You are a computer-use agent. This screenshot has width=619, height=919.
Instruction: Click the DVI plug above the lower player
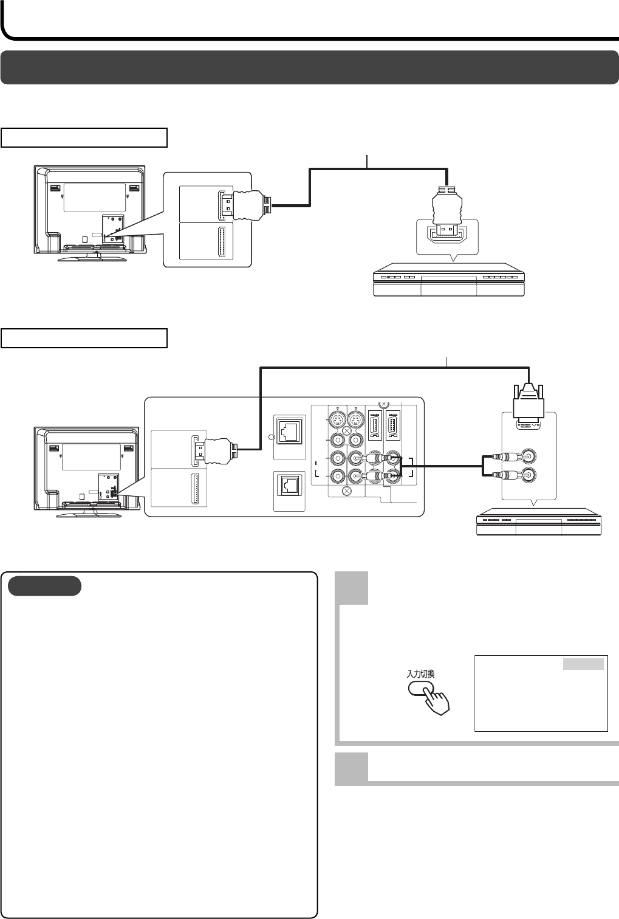click(x=529, y=407)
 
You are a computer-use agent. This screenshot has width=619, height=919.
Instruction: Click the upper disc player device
click(x=448, y=280)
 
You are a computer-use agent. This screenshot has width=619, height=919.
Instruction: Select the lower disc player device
click(x=539, y=522)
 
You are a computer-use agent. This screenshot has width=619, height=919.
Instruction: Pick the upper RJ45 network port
click(x=289, y=430)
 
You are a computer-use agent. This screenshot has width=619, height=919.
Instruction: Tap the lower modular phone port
click(x=289, y=484)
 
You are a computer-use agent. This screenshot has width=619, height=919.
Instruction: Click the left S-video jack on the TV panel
click(x=337, y=420)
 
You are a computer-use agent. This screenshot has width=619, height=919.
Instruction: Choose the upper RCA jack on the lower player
click(x=529, y=456)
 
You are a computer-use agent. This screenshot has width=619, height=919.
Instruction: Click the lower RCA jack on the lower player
click(x=529, y=475)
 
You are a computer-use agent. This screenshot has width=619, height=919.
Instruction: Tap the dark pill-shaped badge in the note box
click(x=44, y=586)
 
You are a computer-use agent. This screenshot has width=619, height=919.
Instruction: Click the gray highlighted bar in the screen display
click(x=583, y=664)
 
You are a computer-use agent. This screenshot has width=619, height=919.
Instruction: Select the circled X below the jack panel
click(x=347, y=490)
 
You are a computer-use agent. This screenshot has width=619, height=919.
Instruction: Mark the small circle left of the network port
click(x=271, y=437)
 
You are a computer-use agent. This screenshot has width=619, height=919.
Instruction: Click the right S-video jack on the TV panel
click(x=355, y=420)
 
